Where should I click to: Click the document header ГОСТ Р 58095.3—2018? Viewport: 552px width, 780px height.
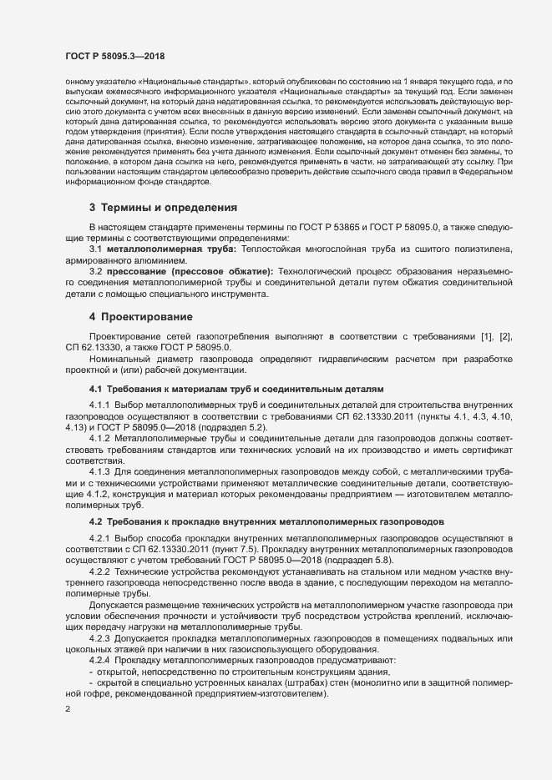pyautogui.click(x=114, y=55)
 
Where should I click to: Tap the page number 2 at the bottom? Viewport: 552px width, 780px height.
pyautogui.click(x=68, y=710)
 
